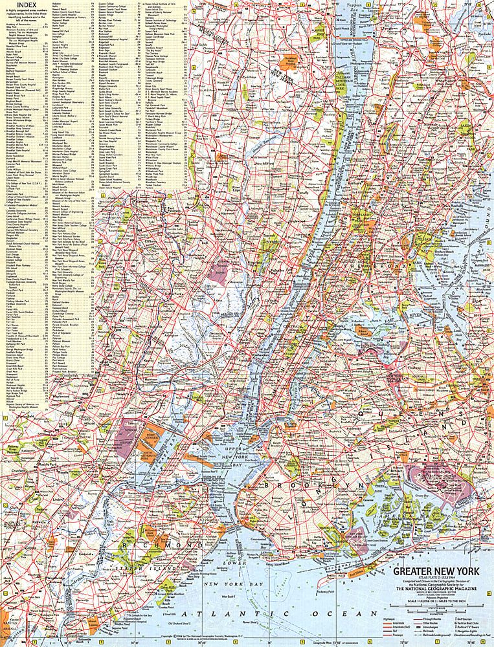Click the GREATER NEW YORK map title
(441, 571)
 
